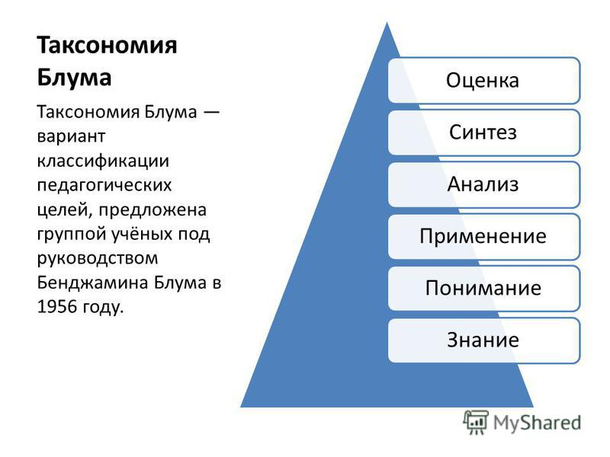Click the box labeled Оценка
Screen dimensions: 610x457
(x=484, y=81)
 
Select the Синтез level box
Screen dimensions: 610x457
(x=484, y=133)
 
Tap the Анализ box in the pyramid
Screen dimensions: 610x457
(x=484, y=184)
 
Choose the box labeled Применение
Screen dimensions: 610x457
(x=484, y=237)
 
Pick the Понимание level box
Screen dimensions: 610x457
(x=484, y=289)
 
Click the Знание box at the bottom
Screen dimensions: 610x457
(x=484, y=340)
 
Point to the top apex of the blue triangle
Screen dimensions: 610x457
(x=387, y=23)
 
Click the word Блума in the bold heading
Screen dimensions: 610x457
(x=74, y=78)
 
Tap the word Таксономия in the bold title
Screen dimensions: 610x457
(x=107, y=45)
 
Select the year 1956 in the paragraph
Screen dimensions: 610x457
(x=56, y=307)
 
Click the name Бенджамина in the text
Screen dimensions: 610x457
(x=92, y=283)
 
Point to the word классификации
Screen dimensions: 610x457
(x=103, y=161)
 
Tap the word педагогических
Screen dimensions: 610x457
(x=104, y=186)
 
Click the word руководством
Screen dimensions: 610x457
(x=98, y=259)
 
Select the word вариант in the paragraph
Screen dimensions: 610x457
(x=71, y=137)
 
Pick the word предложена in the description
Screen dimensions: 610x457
(x=152, y=210)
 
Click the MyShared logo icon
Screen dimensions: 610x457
(x=476, y=422)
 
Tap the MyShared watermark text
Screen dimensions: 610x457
(x=537, y=423)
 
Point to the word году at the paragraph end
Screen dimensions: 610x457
(x=103, y=308)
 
